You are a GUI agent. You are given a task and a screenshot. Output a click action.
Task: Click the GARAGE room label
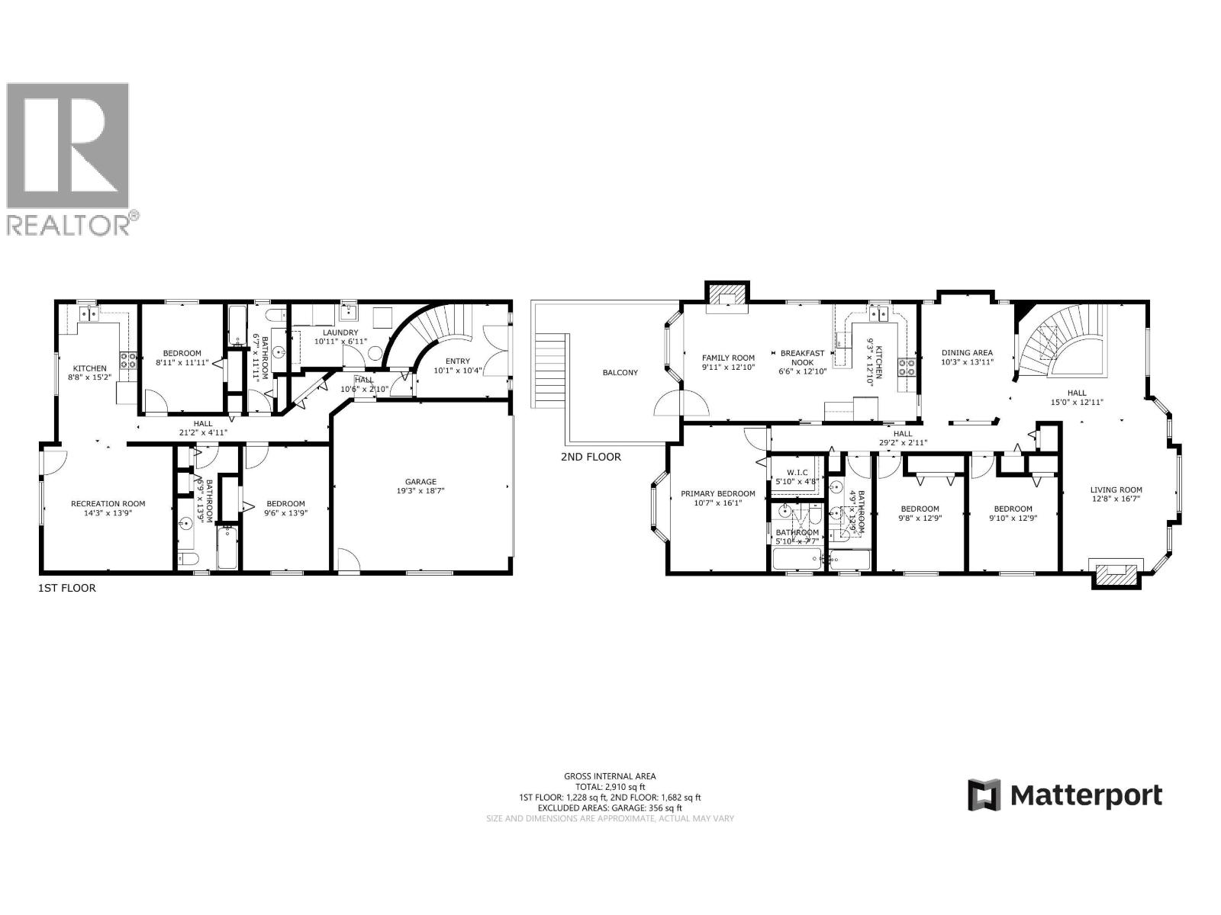[420, 481]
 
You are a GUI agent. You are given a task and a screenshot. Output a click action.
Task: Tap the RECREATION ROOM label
[108, 503]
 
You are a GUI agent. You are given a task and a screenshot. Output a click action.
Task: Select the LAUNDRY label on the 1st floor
[340, 332]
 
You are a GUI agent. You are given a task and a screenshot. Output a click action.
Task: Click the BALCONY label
[620, 372]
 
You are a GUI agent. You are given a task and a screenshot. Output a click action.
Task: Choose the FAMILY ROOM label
[728, 358]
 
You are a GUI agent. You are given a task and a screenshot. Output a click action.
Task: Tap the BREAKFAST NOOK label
[801, 358]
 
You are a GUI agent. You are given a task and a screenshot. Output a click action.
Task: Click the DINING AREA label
[967, 352]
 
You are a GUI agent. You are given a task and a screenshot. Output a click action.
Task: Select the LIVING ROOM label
[1116, 490]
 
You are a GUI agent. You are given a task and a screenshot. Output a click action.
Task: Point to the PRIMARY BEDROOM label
[717, 493]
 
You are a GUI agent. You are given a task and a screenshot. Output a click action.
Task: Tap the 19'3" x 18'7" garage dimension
[420, 491]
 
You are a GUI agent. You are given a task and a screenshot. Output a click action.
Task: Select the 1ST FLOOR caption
[67, 588]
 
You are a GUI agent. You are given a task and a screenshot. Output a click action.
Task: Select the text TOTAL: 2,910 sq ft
[610, 786]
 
